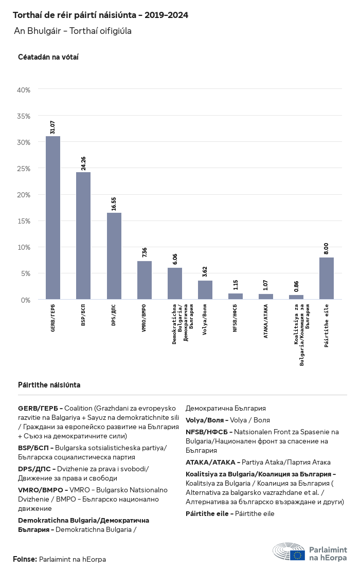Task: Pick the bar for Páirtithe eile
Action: coord(327,278)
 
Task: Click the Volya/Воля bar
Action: coord(205,290)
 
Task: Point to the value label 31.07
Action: coord(53,127)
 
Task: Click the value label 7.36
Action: coord(145,252)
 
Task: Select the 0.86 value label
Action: coord(296,286)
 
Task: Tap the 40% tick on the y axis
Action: coord(24,90)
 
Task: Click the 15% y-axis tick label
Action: coord(24,221)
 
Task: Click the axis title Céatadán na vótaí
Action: coord(48,57)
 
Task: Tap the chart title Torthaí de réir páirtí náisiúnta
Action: coord(100,15)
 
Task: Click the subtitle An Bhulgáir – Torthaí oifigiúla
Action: coord(73,31)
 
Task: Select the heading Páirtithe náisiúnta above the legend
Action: coord(49,385)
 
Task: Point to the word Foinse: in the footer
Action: coord(25,559)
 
